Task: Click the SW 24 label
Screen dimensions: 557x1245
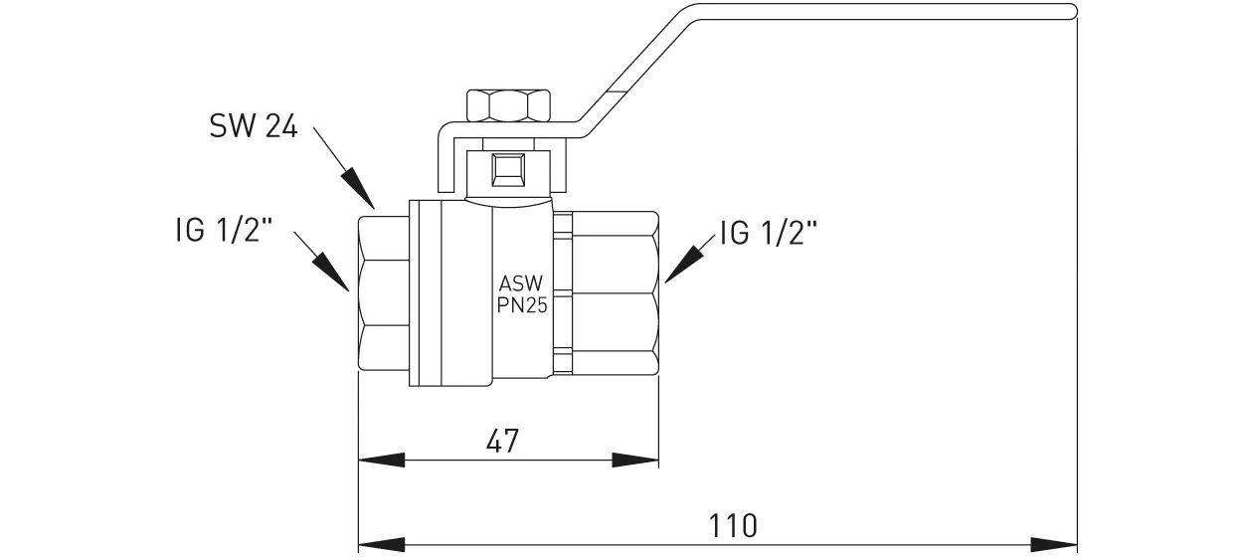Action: (254, 127)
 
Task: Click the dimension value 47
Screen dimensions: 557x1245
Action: (504, 441)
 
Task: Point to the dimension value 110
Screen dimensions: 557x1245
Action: (734, 524)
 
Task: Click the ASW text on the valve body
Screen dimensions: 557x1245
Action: (521, 283)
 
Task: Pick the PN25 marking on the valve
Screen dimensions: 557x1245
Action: (522, 305)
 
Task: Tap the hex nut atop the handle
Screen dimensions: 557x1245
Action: (508, 103)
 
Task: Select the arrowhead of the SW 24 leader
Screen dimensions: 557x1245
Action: (361, 189)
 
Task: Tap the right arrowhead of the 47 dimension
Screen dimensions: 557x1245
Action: (635, 461)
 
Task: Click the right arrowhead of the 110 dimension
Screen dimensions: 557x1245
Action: (1054, 544)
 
